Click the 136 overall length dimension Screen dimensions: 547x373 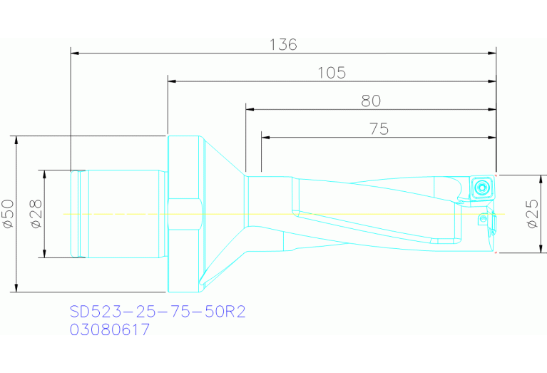tap(283, 45)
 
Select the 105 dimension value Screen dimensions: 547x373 tap(332, 73)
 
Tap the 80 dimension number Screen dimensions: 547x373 tap(371, 101)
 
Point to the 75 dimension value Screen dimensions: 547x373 tap(379, 129)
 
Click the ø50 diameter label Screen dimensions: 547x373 tap(8, 213)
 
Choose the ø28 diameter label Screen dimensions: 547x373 tap(36, 213)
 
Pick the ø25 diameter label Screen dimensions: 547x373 tap(532, 213)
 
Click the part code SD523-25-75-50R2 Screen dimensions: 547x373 tap(158, 311)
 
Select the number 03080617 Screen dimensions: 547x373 tap(110, 329)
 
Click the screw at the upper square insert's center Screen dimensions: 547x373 tap(482, 188)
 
